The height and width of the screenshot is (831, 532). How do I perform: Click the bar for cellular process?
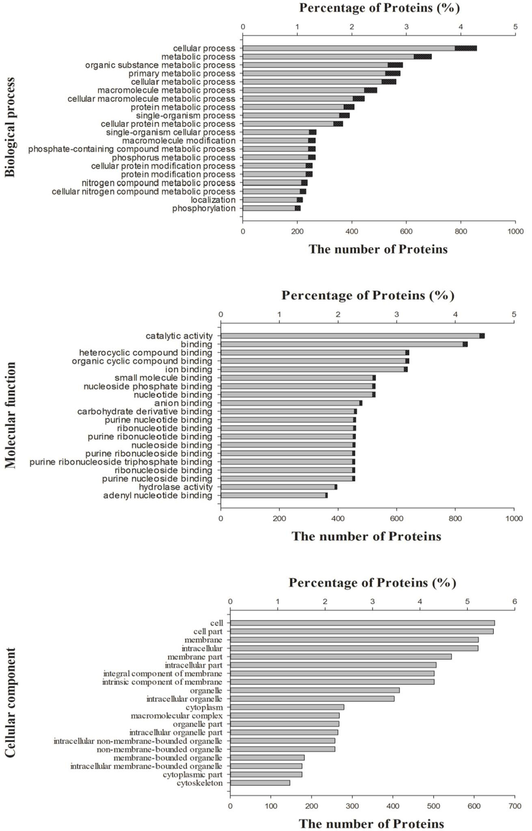pos(360,48)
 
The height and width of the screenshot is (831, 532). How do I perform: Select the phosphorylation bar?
pos(272,208)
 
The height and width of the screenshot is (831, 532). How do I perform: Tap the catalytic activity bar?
pos(353,336)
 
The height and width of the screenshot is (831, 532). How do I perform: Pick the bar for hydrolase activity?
pos(279,487)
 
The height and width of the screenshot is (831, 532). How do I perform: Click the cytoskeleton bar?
pos(260,783)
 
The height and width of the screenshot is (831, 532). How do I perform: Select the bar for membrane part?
pos(341,656)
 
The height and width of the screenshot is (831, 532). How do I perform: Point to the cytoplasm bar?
pos(287,707)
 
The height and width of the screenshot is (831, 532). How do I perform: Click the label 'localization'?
pos(213,200)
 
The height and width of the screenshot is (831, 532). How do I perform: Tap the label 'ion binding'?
pos(189,369)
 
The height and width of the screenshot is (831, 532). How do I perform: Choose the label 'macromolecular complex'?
pos(177,716)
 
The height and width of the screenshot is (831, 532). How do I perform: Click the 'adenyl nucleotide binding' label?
pos(158,496)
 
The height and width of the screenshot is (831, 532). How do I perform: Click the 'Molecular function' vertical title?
pos(11,415)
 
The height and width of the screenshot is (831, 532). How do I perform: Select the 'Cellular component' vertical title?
pos(10,702)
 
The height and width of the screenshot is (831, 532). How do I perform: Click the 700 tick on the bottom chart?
pos(515,806)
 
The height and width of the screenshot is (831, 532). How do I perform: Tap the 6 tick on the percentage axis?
pos(515,601)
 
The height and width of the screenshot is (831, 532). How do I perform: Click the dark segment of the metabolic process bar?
pos(423,57)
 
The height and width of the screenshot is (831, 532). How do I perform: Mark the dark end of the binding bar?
pos(465,344)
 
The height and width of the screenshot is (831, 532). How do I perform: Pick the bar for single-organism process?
pos(296,115)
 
